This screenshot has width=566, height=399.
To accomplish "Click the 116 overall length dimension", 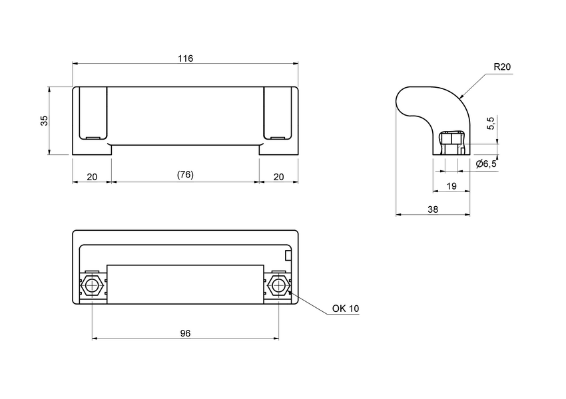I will click(x=185, y=59).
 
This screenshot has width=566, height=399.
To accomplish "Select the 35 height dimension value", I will click(x=44, y=120).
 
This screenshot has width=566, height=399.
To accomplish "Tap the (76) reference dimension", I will click(x=185, y=175).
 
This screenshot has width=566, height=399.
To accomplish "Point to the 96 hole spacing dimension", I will click(x=185, y=332).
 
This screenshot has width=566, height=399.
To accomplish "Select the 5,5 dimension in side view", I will click(x=491, y=123).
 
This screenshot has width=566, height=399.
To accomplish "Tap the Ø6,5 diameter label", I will click(x=486, y=164).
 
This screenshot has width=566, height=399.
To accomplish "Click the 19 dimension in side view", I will click(x=451, y=187).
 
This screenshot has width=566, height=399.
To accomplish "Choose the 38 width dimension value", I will click(x=433, y=209).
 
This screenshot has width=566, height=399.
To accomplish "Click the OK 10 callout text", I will click(x=345, y=309).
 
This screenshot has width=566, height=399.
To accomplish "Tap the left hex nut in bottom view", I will click(x=92, y=287).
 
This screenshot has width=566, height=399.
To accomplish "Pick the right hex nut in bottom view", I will click(x=278, y=287).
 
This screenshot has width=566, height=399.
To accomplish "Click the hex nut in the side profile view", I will click(x=451, y=142).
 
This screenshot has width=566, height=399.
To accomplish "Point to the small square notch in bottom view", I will click(x=288, y=255).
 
